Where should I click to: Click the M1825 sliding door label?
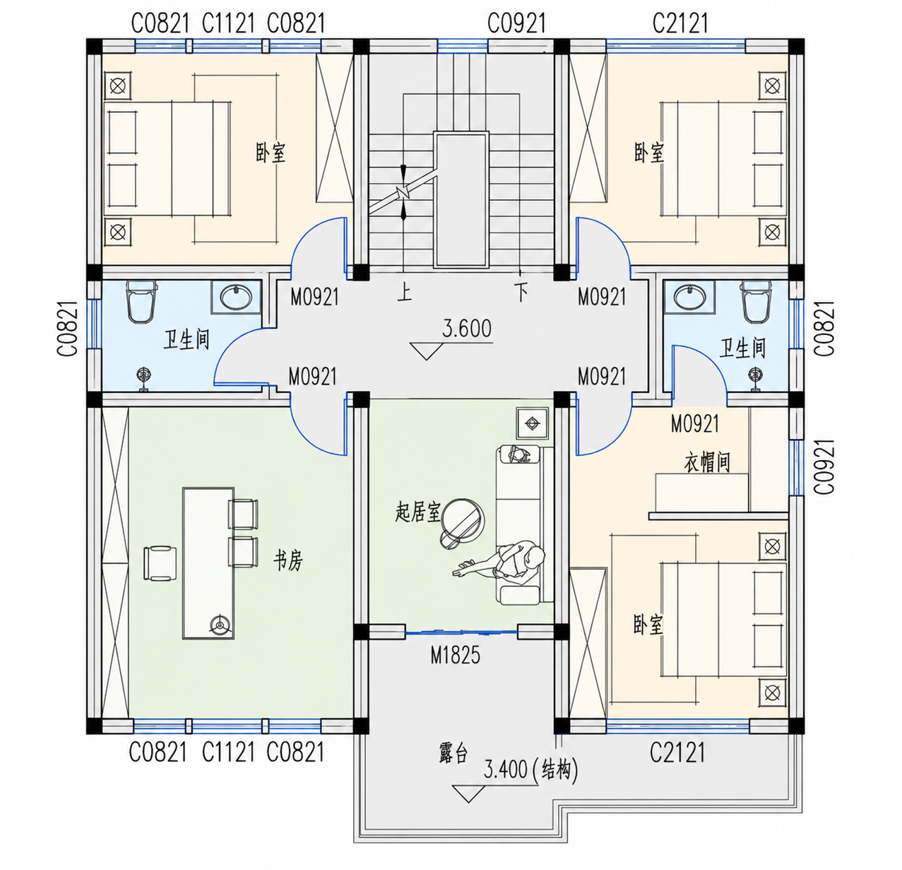pyautogui.click(x=455, y=655)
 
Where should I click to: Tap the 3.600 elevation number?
pyautogui.click(x=466, y=329)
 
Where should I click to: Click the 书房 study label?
pyautogui.click(x=288, y=561)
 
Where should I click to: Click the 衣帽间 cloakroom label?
pyautogui.click(x=707, y=462)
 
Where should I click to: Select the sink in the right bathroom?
pyautogui.click(x=689, y=297)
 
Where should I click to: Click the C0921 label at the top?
pyautogui.click(x=516, y=23)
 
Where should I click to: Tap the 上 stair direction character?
pyautogui.click(x=404, y=293)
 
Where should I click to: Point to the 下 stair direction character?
pyautogui.click(x=521, y=293)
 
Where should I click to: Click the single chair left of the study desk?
pyautogui.click(x=160, y=563)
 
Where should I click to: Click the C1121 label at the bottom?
pyautogui.click(x=229, y=752)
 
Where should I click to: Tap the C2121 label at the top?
pyautogui.click(x=680, y=23)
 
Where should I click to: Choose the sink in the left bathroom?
pyautogui.click(x=235, y=297)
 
